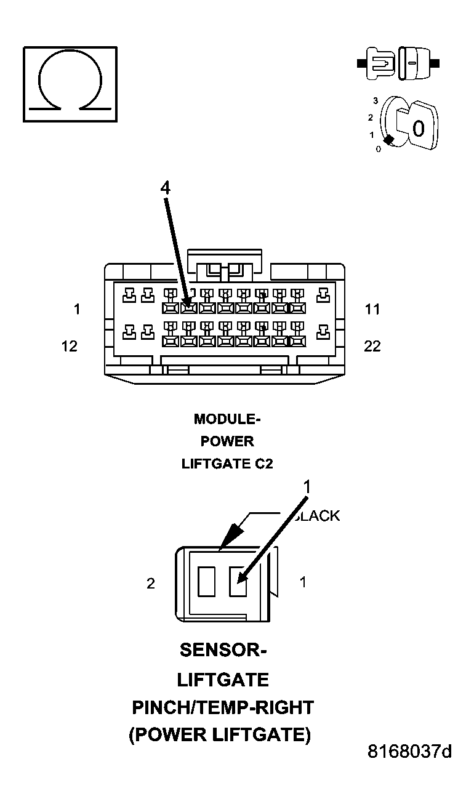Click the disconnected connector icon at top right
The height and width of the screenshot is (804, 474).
pyautogui.click(x=399, y=63)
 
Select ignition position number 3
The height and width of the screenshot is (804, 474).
pyautogui.click(x=375, y=100)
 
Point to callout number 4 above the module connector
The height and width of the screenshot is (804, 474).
pyautogui.click(x=165, y=189)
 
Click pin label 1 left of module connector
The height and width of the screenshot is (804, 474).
pyautogui.click(x=77, y=309)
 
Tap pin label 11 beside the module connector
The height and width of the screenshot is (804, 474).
pyautogui.click(x=372, y=309)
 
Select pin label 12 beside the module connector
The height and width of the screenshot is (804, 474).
pyautogui.click(x=70, y=346)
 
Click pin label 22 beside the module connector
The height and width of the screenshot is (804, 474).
pyautogui.click(x=372, y=346)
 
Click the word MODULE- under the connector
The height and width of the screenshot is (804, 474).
pyautogui.click(x=227, y=419)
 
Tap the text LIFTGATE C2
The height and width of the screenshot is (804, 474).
pyautogui.click(x=227, y=464)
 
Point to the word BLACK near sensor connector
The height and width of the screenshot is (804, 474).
pyautogui.click(x=317, y=516)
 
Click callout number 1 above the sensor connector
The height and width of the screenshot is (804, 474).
pyautogui.click(x=306, y=487)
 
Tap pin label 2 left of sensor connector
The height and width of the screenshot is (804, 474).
pyautogui.click(x=151, y=584)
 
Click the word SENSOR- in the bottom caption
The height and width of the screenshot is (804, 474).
pyautogui.click(x=223, y=649)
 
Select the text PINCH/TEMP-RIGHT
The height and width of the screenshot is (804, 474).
pyautogui.click(x=223, y=707)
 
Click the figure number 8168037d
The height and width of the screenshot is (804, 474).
pyautogui.click(x=409, y=752)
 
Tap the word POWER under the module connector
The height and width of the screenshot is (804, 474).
pyautogui.click(x=227, y=441)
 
